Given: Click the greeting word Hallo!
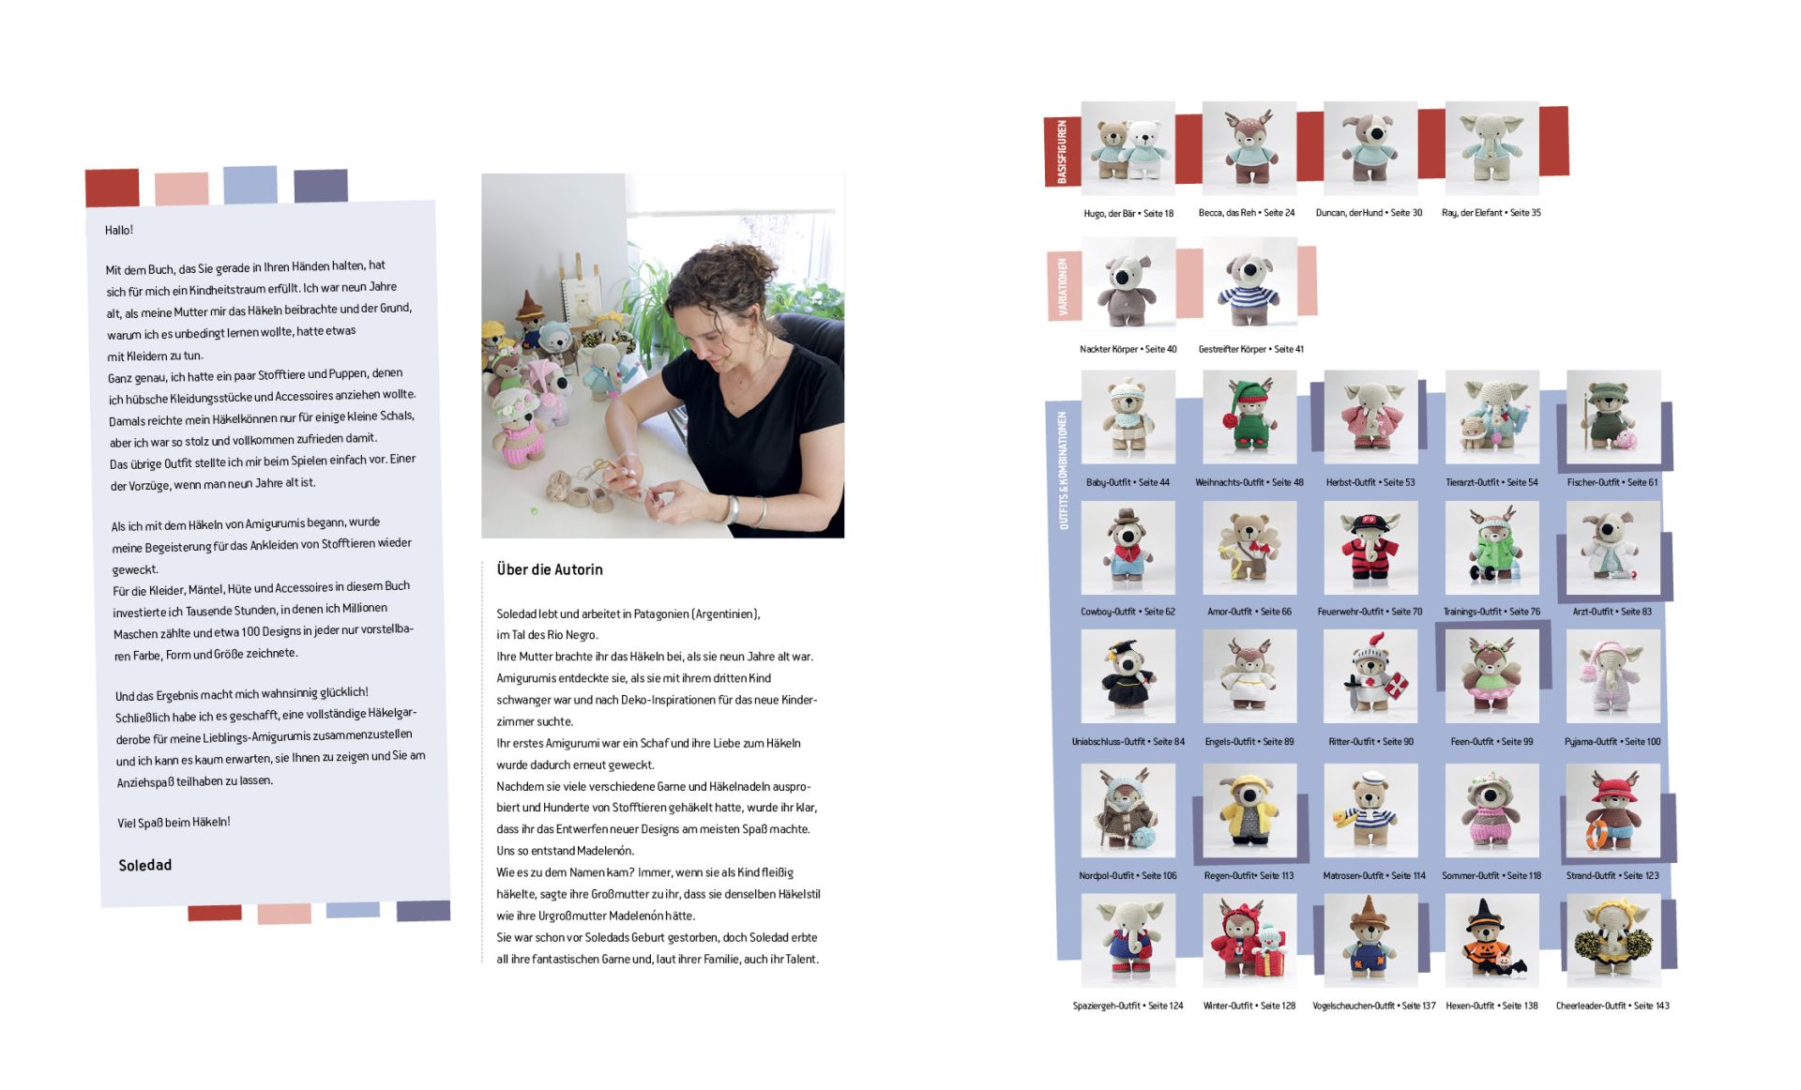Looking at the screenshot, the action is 119,230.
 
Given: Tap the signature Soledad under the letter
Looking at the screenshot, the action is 145,865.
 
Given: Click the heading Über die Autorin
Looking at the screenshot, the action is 550,569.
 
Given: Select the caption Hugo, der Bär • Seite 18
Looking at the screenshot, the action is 1128,214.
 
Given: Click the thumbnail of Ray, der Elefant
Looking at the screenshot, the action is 1491,148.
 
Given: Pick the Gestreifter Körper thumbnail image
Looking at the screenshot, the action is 1249,283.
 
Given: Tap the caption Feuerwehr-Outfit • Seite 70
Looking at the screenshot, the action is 1370,612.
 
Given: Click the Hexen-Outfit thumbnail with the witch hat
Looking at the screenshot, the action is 1491,940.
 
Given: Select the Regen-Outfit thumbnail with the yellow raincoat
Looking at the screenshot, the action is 1249,810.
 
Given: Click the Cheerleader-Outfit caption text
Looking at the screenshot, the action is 1612,1006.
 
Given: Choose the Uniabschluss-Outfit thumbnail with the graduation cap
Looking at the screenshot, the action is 1128,676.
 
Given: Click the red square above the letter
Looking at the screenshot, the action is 113,188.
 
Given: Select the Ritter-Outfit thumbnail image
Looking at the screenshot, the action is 1370,676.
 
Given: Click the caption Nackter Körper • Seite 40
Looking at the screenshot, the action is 1128,349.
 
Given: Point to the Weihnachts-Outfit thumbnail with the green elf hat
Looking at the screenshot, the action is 1249,416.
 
